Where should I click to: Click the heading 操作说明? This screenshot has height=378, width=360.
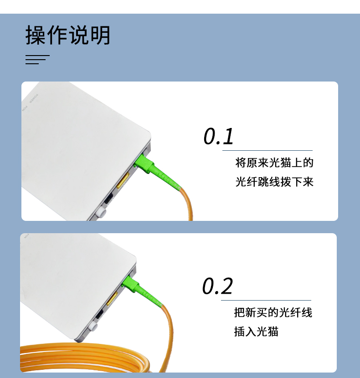click(68, 36)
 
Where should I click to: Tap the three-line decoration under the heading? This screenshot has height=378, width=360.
click(36, 60)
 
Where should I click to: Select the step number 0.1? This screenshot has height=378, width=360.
click(218, 136)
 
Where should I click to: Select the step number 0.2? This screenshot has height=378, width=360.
click(217, 286)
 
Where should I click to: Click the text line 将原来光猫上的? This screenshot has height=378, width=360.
click(274, 163)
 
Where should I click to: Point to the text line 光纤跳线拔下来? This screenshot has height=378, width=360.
click(274, 182)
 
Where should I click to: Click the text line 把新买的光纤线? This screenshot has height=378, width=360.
click(273, 312)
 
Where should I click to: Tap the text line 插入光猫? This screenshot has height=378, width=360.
click(256, 332)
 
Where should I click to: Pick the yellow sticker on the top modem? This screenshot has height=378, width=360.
click(122, 181)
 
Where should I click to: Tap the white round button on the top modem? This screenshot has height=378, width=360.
click(101, 212)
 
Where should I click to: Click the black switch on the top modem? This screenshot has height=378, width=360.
click(109, 199)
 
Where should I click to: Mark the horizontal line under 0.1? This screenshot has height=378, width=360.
click(267, 150)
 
